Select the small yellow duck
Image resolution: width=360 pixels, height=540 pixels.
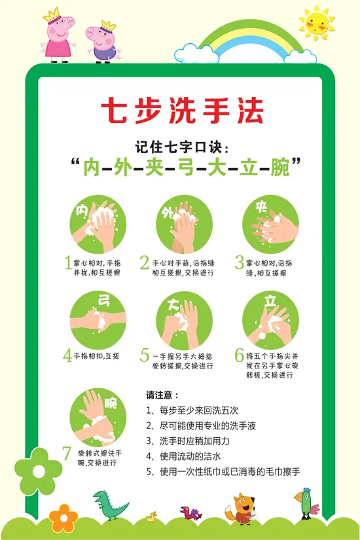(153, 516)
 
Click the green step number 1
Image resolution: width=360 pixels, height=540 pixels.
(67, 263)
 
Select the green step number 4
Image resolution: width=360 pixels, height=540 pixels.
(67, 355)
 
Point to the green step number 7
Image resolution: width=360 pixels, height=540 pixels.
(67, 453)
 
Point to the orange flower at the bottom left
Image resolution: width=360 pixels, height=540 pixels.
(63, 517)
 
